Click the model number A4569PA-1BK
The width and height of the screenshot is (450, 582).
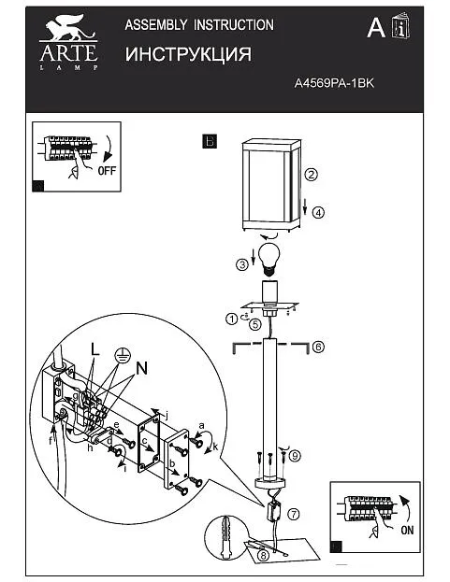click(334, 83)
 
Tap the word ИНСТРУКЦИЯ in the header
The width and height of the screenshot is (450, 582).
click(188, 54)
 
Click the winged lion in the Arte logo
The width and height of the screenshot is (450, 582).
click(68, 27)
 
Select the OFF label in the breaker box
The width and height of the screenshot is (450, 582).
click(107, 171)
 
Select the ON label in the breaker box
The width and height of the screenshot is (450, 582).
click(407, 530)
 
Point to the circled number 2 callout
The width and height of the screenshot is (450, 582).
click(311, 174)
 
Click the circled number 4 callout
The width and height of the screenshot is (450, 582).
click(318, 213)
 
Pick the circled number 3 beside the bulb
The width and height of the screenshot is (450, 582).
click(242, 264)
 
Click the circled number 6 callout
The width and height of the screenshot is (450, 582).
click(318, 347)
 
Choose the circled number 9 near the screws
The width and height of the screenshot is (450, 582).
click(295, 456)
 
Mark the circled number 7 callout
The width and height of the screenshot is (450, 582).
click(294, 514)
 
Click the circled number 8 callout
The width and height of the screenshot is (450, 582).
click(263, 555)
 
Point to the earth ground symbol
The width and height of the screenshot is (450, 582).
click(123, 356)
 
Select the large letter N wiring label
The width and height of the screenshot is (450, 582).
click(142, 368)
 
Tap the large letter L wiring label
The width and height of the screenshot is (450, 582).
click(95, 348)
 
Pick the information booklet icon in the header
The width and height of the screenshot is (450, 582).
click(400, 26)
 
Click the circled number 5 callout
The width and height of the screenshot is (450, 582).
click(255, 324)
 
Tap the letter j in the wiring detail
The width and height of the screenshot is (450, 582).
click(167, 416)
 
